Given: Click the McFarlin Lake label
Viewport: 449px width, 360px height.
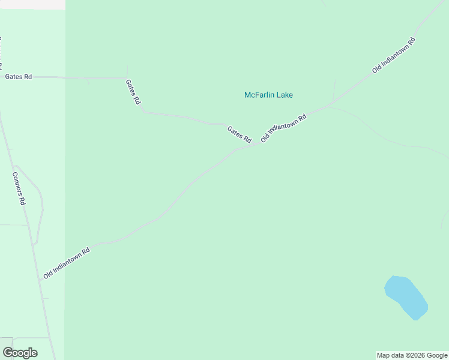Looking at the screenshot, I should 268,95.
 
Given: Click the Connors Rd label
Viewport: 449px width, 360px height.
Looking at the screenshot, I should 19,188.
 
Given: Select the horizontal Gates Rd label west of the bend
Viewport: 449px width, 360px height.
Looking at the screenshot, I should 18,77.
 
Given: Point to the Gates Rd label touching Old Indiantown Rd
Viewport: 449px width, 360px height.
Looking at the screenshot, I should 239,134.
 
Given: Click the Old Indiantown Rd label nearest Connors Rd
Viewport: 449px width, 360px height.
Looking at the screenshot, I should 67,263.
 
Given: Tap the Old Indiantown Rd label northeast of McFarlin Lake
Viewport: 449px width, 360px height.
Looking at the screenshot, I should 394,55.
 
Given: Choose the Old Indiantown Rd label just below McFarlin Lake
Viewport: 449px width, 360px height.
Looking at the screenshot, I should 284,128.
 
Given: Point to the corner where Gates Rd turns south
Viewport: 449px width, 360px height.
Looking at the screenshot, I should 125,78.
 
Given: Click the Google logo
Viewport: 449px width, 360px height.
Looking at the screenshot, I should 20,353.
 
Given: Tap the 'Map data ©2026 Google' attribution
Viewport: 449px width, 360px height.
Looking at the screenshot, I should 412,355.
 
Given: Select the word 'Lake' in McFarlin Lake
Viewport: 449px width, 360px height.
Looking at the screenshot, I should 285,95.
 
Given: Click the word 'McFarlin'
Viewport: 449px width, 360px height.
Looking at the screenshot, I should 259,95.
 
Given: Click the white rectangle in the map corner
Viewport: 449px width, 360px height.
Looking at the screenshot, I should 32,4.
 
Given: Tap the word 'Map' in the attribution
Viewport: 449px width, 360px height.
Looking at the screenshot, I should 384,355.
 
